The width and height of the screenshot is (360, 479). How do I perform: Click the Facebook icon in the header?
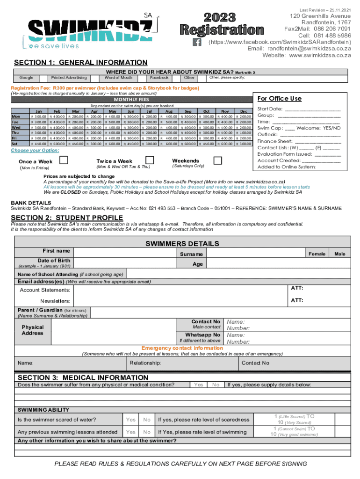[197, 42]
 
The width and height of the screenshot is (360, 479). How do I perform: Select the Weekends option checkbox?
[217, 161]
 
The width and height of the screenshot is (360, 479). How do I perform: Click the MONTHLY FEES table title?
[131, 100]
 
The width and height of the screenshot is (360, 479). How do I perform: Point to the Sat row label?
[15, 144]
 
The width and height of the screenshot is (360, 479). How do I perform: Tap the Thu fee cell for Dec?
[243, 133]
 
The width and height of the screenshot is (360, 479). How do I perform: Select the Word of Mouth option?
[118, 77]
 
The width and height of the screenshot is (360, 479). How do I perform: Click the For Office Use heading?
[280, 99]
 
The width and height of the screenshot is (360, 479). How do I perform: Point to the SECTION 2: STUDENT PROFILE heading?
[67, 218]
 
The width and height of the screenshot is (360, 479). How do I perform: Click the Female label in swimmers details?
[317, 254]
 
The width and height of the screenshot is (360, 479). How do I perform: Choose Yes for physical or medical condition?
[199, 385]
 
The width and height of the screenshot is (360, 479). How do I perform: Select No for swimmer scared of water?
[147, 420]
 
